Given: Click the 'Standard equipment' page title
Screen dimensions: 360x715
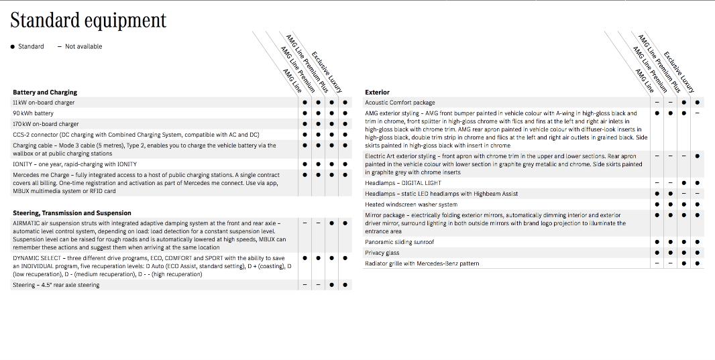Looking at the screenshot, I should (x=88, y=20).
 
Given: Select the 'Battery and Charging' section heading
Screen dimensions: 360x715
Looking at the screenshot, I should (x=45, y=93).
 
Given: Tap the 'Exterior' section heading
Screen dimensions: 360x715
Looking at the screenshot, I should (x=377, y=93).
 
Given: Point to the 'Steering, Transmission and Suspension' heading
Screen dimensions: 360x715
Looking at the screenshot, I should (x=72, y=213).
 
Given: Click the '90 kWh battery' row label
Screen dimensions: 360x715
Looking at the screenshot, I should (x=33, y=113).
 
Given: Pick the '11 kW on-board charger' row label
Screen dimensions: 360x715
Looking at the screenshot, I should (x=44, y=103).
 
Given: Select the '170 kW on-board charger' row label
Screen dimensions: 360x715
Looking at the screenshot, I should (x=46, y=124).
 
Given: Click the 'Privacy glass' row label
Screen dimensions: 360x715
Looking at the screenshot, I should (x=382, y=253).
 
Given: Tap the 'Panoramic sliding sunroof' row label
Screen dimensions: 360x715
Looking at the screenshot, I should (x=399, y=242).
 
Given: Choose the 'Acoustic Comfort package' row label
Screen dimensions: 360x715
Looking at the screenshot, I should (x=400, y=103).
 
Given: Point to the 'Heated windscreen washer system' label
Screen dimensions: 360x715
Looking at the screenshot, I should (x=411, y=204).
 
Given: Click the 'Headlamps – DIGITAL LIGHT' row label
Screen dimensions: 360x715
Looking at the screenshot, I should (x=403, y=183).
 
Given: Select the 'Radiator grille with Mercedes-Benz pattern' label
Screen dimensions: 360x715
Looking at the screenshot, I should (x=422, y=263).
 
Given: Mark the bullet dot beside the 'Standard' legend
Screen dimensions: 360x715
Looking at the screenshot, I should (x=13, y=47).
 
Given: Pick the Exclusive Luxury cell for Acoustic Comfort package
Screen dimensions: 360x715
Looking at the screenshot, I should (x=697, y=103).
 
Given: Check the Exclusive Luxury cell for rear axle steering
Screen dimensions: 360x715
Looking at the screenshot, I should (x=345, y=285).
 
